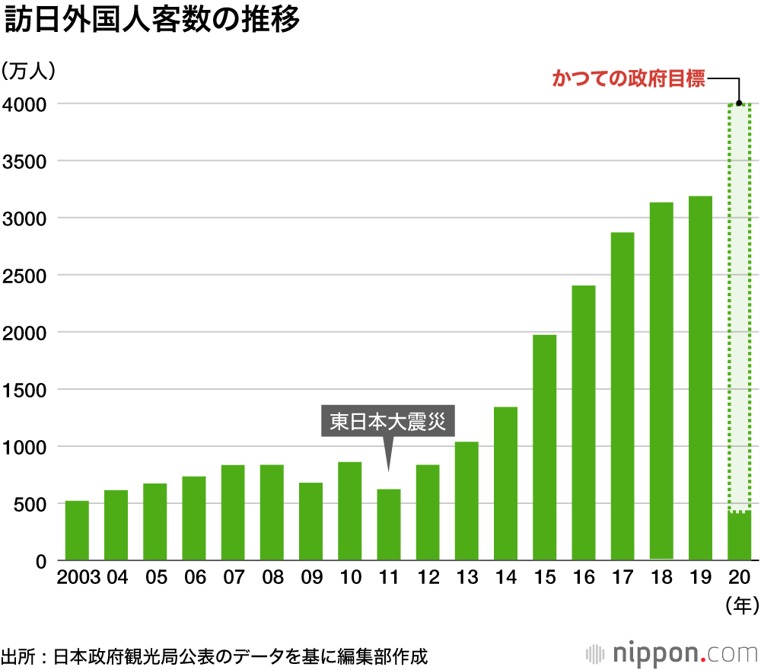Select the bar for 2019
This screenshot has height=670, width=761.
pyautogui.click(x=700, y=378)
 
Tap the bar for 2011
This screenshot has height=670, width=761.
pyautogui.click(x=389, y=525)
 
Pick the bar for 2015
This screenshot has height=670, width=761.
pyautogui.click(x=544, y=448)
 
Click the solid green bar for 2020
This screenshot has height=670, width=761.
pyautogui.click(x=739, y=536)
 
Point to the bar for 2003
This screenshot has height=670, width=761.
pyautogui.click(x=77, y=531)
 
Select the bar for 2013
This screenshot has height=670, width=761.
pyautogui.click(x=466, y=501)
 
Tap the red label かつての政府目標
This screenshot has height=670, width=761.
pyautogui.click(x=629, y=79)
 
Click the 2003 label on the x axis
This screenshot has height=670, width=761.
pyautogui.click(x=78, y=578)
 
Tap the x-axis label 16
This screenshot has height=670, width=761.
pyautogui.click(x=583, y=578)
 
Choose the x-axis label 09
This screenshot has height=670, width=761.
pyautogui.click(x=310, y=578)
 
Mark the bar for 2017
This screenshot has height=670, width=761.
pyautogui.click(x=622, y=397)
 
